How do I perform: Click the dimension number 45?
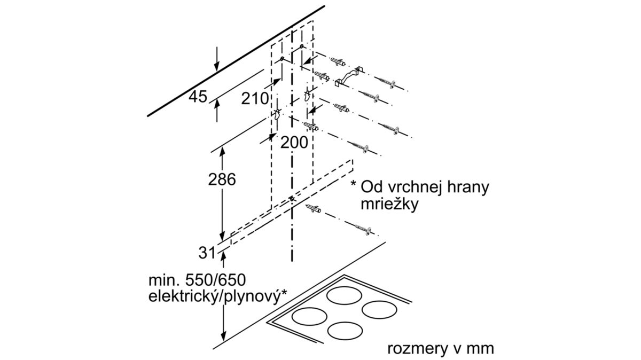198,97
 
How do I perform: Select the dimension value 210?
255,99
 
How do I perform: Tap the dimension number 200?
294,142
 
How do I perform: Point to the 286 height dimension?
222,179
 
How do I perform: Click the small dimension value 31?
207,253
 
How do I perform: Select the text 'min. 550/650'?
197,280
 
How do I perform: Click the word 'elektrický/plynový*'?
217,296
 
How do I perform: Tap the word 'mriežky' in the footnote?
389,205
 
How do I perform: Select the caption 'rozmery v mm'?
441,349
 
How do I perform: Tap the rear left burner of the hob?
344,295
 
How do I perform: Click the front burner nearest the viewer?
345,331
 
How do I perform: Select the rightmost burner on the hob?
379,309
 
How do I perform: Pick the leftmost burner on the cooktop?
309,317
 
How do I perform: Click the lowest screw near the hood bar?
363,230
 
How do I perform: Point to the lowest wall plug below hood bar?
314,209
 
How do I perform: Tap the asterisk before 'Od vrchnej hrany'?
354,184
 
